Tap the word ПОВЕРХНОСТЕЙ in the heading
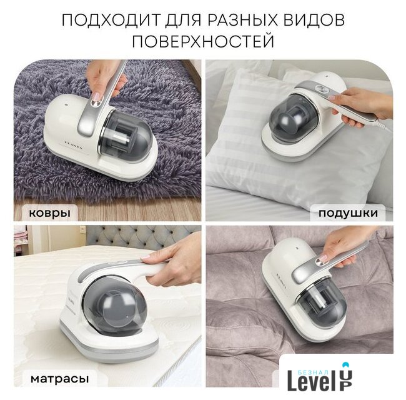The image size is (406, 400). [203, 41]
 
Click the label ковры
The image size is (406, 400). [49, 212]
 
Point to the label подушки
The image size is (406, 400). [348, 213]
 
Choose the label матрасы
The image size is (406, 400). [59, 379]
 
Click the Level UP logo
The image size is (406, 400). [320, 379]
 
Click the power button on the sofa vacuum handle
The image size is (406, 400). [321, 261]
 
